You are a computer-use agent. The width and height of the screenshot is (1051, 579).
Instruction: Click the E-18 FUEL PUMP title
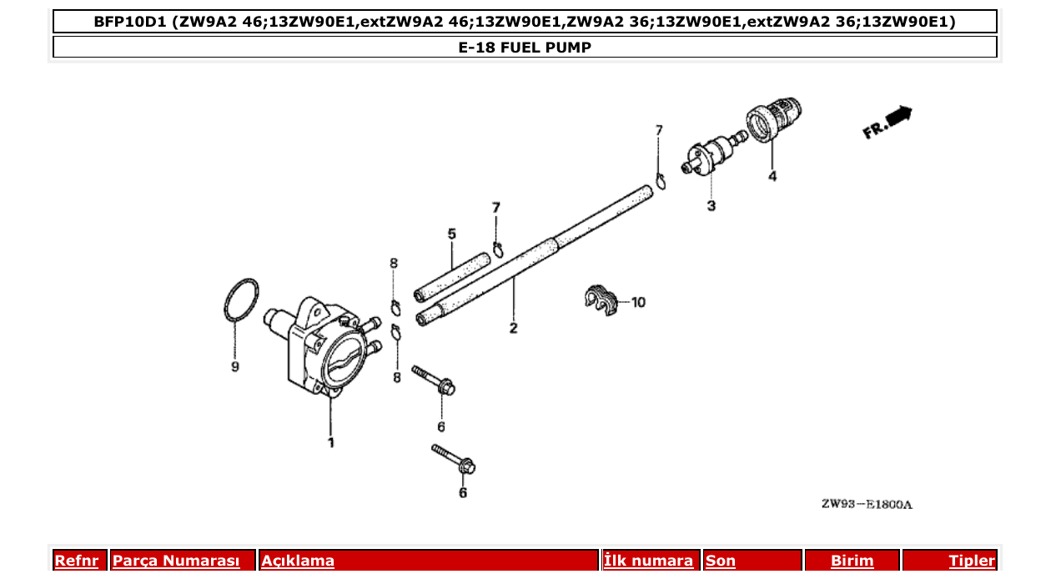pyautogui.click(x=525, y=48)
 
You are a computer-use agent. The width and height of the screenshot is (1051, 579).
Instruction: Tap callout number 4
pyautogui.click(x=772, y=176)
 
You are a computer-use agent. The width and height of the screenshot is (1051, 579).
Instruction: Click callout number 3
pyautogui.click(x=711, y=205)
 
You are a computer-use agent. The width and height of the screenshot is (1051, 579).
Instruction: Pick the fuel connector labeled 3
pyautogui.click(x=707, y=156)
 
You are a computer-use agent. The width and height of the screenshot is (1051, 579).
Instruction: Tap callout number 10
pyautogui.click(x=638, y=302)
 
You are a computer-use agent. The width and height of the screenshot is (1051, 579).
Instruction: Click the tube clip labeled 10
pyautogui.click(x=600, y=300)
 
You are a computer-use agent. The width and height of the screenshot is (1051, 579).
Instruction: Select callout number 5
pyautogui.click(x=452, y=234)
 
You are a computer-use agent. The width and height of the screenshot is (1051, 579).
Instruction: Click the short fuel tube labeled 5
pyautogui.click(x=450, y=276)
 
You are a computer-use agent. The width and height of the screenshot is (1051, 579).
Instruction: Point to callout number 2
pyautogui.click(x=513, y=328)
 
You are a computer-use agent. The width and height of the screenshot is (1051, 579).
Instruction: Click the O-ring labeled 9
pyautogui.click(x=241, y=301)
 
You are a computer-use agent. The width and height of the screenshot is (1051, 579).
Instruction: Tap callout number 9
pyautogui.click(x=235, y=366)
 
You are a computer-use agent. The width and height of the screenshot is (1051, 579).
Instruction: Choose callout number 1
pyautogui.click(x=330, y=442)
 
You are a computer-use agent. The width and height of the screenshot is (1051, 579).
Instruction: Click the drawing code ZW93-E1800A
pyautogui.click(x=867, y=504)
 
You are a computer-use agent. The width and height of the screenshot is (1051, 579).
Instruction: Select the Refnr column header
pyautogui.click(x=76, y=561)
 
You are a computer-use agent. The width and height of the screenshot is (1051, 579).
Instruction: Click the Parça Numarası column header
pyautogui.click(x=176, y=561)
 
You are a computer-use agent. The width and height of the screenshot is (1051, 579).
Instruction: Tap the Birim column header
pyautogui.click(x=852, y=561)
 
